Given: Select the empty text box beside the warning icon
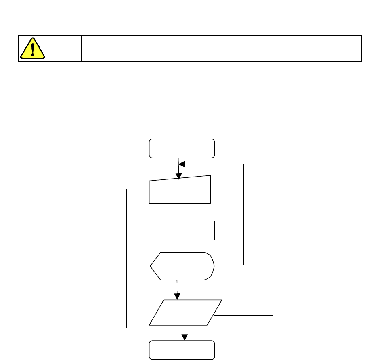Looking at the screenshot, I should pyautogui.click(x=221, y=48).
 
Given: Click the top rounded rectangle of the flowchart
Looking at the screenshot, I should pyautogui.click(x=182, y=148).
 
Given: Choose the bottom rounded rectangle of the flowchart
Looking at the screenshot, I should pyautogui.click(x=182, y=350).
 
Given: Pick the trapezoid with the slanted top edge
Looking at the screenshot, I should pyautogui.click(x=180, y=190).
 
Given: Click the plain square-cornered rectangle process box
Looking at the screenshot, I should pyautogui.click(x=182, y=230).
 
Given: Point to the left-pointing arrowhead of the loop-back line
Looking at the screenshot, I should pyautogui.click(x=181, y=164).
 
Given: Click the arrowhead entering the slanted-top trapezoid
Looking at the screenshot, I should pyautogui.click(x=178, y=177).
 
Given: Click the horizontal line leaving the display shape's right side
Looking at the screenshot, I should pyautogui.click(x=229, y=265).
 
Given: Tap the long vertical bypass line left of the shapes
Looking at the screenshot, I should pyautogui.click(x=127, y=259).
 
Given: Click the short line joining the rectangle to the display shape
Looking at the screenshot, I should pyautogui.click(x=176, y=246).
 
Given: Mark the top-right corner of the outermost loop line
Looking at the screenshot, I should pyautogui.click(x=273, y=164).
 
